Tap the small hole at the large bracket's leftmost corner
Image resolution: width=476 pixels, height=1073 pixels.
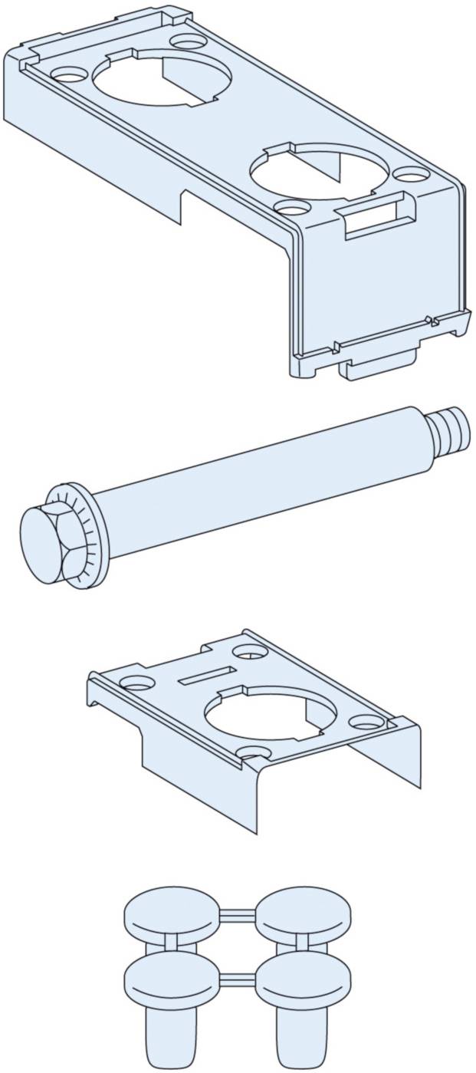(x=68, y=75)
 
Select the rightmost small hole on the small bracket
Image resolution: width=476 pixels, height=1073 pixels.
(x=366, y=720)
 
